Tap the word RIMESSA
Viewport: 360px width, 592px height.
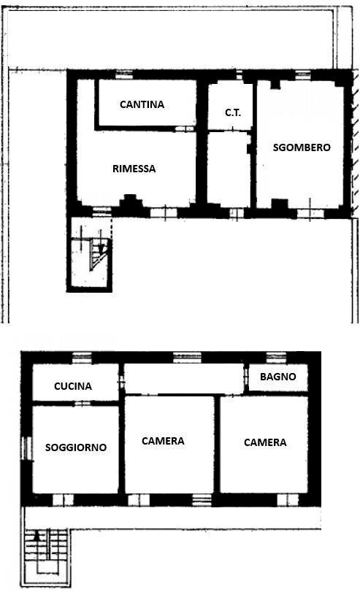(134, 169)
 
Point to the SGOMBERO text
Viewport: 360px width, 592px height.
(302, 147)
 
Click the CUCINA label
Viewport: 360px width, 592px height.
(73, 386)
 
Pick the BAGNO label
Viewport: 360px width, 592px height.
(278, 377)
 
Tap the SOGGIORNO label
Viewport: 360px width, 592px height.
(76, 447)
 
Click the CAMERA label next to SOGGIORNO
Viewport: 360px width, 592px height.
(163, 441)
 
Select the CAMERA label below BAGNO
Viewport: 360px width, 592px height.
(265, 442)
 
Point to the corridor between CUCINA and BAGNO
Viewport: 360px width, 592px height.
(183, 379)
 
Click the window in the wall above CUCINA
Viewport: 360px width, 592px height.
(82, 357)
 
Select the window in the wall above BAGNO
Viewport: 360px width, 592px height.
(275, 357)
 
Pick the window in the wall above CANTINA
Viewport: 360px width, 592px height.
(124, 74)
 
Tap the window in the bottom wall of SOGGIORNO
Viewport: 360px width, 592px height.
(63, 499)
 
